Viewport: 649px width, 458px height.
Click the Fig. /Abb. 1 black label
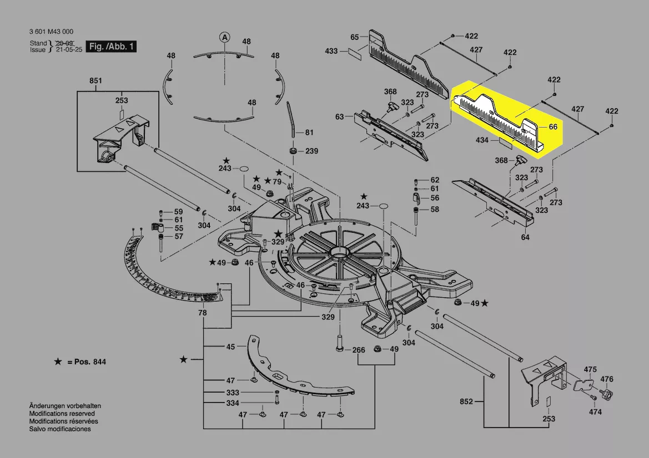[x=111, y=46]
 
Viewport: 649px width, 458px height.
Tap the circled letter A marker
[x=224, y=38]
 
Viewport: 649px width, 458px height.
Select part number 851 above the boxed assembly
[x=95, y=80]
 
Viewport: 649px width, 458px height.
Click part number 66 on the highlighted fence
[x=553, y=127]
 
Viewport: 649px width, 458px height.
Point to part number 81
[x=309, y=133]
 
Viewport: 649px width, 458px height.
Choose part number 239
[x=311, y=151]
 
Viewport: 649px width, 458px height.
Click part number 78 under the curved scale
[x=203, y=313]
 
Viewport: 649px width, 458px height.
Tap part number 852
[x=466, y=401]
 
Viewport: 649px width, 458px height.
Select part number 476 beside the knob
[x=607, y=379]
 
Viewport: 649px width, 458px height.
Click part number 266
[x=359, y=350]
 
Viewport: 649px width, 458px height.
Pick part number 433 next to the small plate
[x=331, y=51]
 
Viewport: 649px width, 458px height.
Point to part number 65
[x=355, y=37]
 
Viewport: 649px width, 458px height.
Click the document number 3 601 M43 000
[x=51, y=32]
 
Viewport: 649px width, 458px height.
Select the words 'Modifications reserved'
[x=62, y=413]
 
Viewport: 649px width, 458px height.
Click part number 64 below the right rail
[x=525, y=237]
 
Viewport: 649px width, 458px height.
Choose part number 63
[x=339, y=117]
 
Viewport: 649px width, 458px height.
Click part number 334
[x=233, y=403]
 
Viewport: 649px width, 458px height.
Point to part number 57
[x=178, y=236]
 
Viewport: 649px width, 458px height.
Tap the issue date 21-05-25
[x=69, y=49]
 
